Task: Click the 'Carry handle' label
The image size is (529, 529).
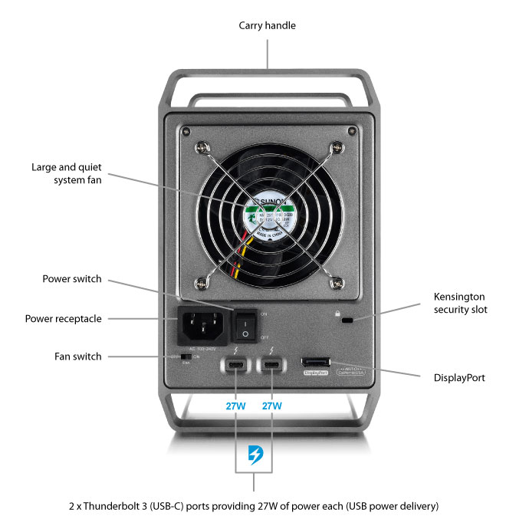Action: [267, 26]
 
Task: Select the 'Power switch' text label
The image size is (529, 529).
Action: [72, 279]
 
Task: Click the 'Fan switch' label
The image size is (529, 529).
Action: [78, 356]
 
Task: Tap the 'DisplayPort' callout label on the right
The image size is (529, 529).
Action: [458, 378]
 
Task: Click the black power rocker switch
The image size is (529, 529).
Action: [245, 324]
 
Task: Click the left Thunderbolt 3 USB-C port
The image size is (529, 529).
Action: [235, 363]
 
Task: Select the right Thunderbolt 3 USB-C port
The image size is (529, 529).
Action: [271, 363]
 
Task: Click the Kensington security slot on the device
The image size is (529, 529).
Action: [347, 320]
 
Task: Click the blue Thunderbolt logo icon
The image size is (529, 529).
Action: [253, 456]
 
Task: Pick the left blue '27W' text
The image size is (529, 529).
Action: [235, 405]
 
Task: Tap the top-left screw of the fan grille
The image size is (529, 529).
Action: [202, 147]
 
